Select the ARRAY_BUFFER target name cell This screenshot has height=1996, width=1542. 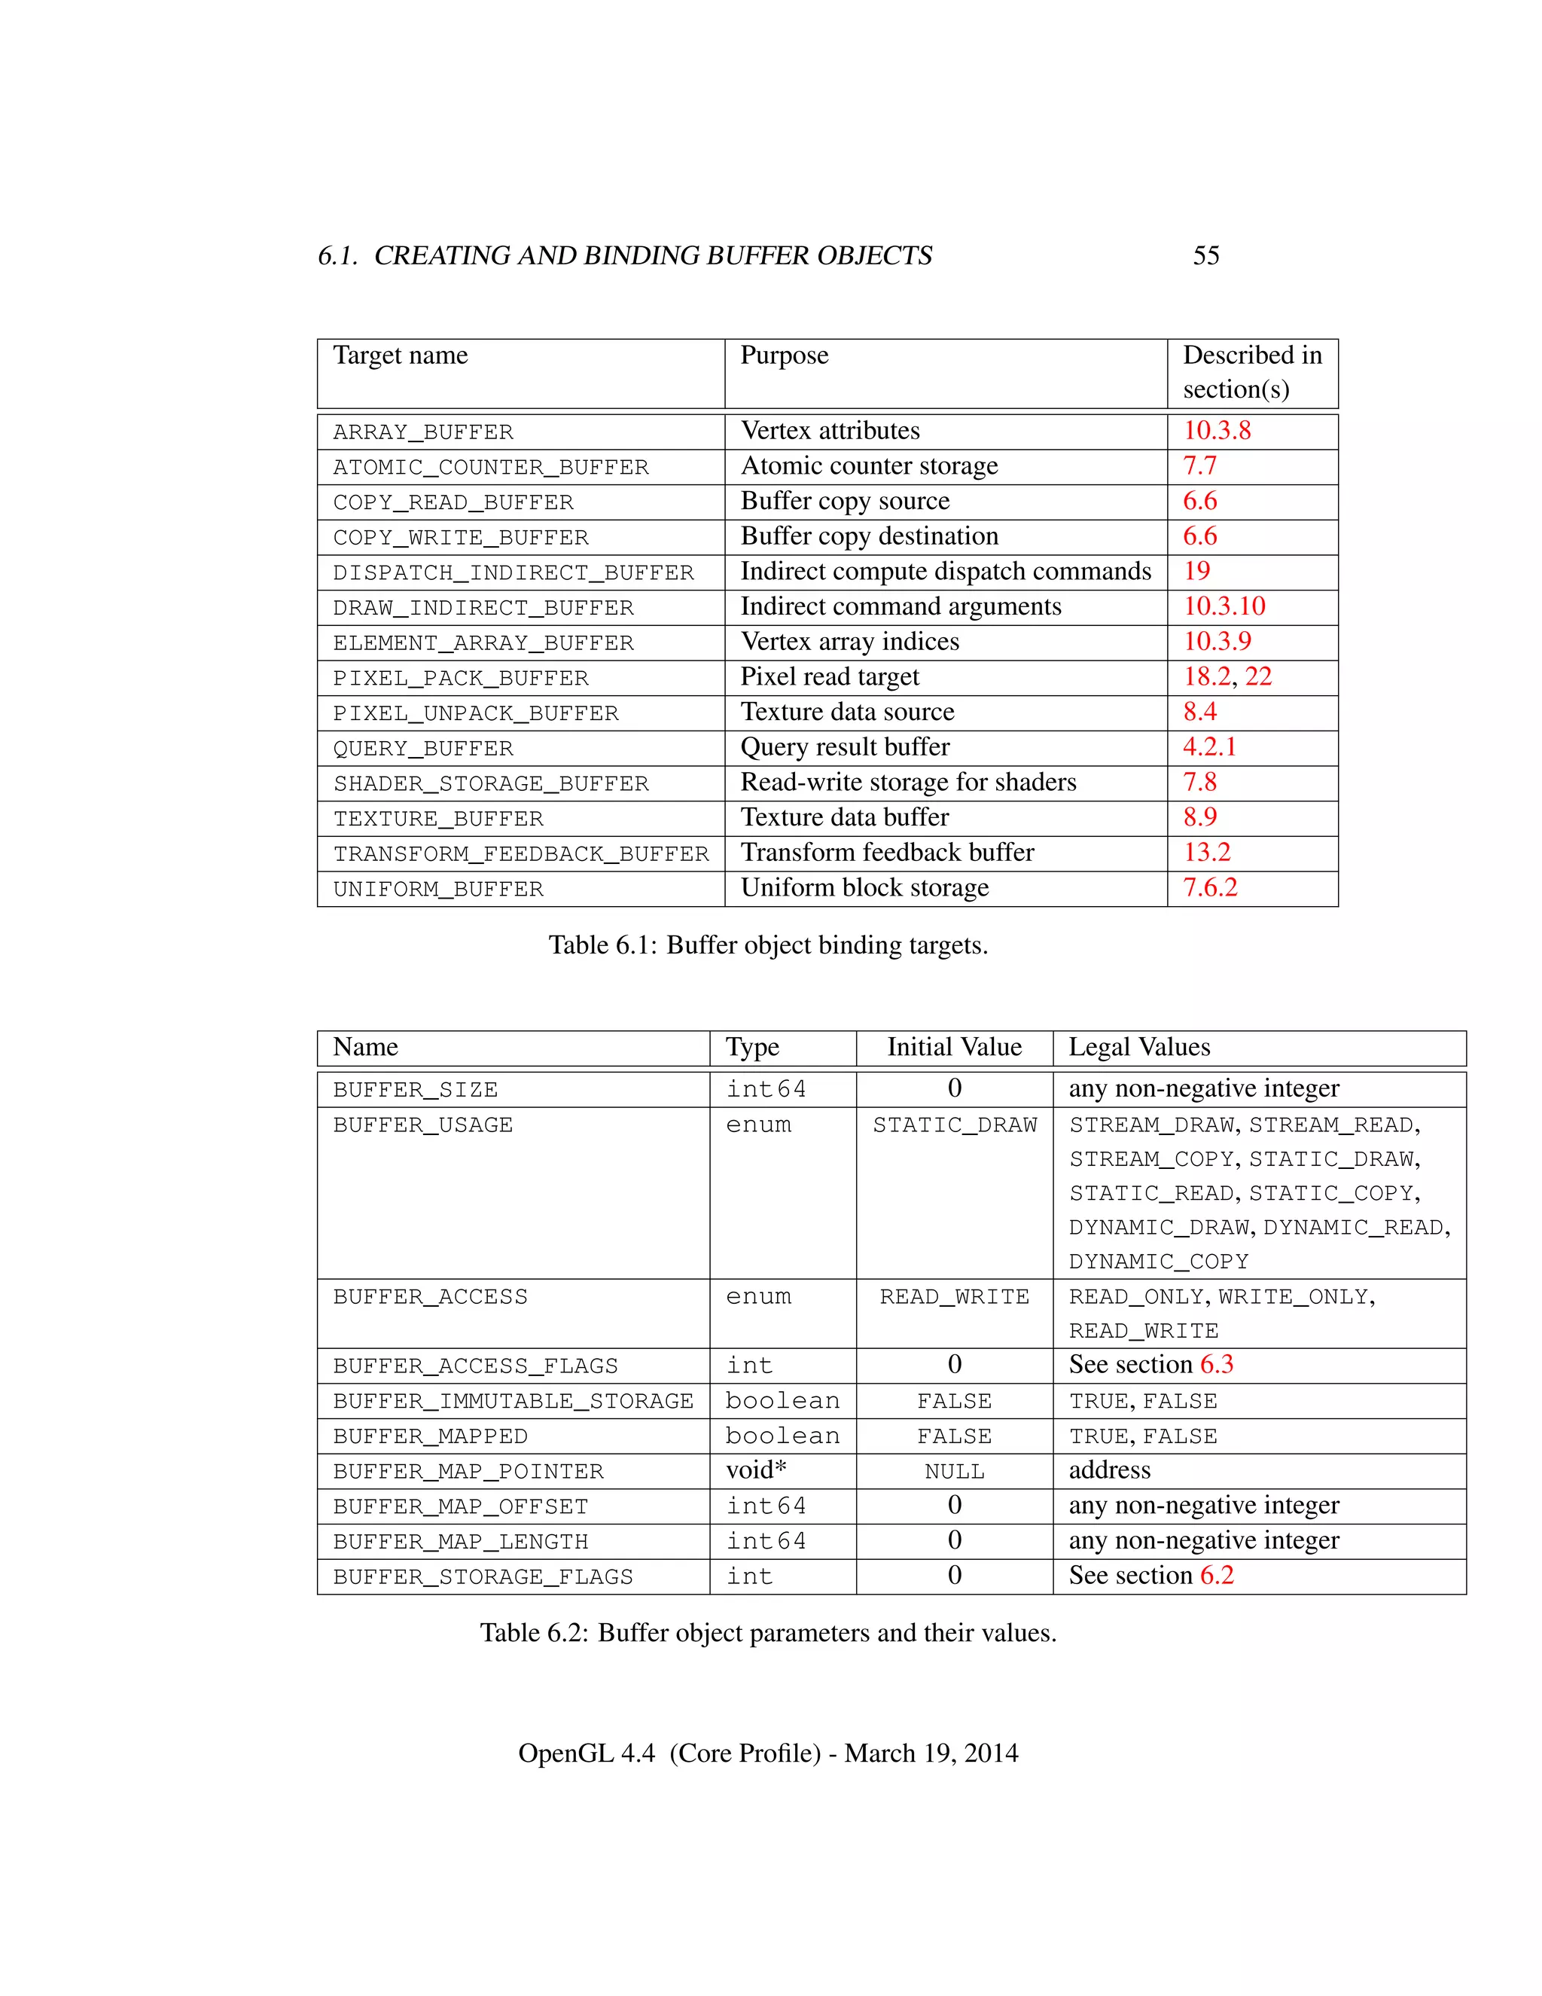coord(423,432)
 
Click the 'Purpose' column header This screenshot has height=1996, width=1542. coord(784,356)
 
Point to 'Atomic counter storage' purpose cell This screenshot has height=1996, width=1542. coord(869,466)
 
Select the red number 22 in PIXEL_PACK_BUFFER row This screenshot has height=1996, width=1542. coord(1258,676)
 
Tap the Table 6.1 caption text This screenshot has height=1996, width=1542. coord(767,945)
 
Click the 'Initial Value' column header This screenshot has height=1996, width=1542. coord(954,1048)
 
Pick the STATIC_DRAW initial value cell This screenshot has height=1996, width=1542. coord(954,1125)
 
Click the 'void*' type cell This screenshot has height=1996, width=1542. coord(755,1470)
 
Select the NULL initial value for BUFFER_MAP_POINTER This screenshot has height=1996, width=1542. coord(954,1472)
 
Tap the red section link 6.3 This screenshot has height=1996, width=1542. coord(1216,1365)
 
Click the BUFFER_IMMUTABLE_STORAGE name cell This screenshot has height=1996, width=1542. coord(513,1401)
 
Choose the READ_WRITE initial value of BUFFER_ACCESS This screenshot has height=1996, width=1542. coord(954,1297)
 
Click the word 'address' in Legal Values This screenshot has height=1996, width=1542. coord(1109,1470)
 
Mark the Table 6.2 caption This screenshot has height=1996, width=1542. coord(767,1633)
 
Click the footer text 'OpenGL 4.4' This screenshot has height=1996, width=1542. coord(586,1753)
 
